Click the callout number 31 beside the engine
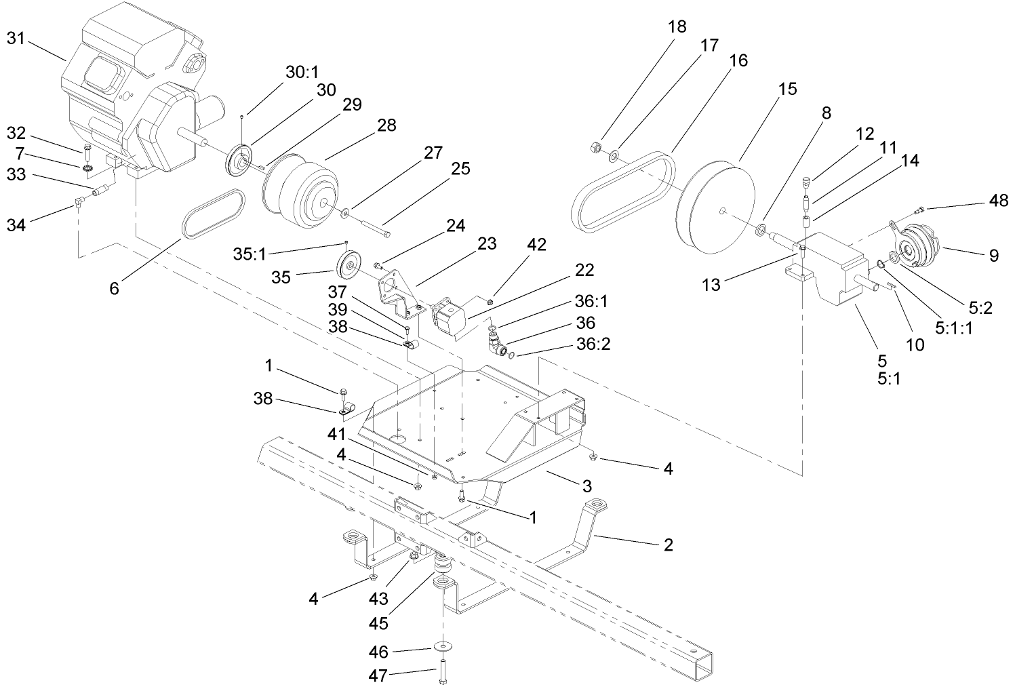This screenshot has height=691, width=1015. click(x=15, y=39)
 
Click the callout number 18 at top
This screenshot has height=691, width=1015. click(x=676, y=26)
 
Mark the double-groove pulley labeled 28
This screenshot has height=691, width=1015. click(x=300, y=190)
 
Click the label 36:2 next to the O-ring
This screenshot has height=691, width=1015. click(x=595, y=344)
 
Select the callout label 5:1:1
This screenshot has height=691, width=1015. click(x=954, y=328)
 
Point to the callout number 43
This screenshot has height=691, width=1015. click(x=378, y=599)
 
